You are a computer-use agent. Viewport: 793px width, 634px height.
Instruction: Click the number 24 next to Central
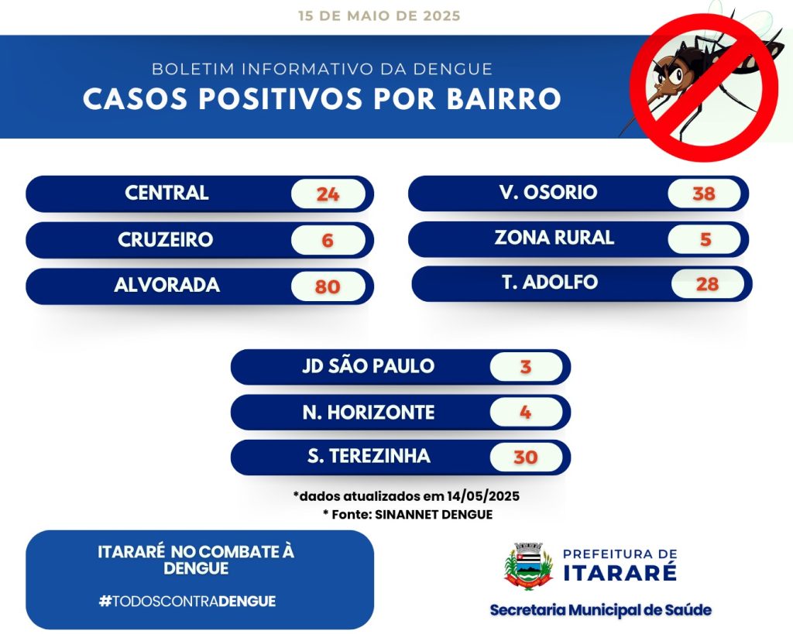point(328,194)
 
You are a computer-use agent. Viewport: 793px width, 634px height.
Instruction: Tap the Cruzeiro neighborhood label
point(166,240)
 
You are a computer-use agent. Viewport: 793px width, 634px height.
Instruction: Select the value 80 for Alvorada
point(328,286)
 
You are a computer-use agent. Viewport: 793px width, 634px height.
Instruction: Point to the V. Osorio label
point(548,192)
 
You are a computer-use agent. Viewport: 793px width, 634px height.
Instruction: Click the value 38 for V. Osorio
point(704,193)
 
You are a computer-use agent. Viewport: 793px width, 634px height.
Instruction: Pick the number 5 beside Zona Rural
point(705,239)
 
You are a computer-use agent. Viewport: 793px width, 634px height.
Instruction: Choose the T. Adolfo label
point(550,282)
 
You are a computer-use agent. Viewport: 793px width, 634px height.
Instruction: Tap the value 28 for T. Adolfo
point(707,284)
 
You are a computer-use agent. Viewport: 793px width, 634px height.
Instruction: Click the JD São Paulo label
point(368,366)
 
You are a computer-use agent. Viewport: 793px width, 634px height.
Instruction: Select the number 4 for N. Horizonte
point(526,413)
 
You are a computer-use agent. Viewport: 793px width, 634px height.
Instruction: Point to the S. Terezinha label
point(369,456)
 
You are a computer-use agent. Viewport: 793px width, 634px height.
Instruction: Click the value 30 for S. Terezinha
point(526,457)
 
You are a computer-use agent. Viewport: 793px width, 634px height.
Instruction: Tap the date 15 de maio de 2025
point(379,15)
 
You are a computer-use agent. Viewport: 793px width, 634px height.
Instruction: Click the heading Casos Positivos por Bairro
point(321,98)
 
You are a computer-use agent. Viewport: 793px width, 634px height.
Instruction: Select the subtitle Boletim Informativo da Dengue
point(322,69)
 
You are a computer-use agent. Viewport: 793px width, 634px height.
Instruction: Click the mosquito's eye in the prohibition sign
point(675,77)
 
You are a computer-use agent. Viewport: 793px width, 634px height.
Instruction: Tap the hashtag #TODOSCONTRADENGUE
point(187,601)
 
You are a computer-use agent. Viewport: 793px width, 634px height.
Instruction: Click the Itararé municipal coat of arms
point(528,566)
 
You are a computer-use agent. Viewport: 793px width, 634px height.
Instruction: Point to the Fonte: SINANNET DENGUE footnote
point(407,515)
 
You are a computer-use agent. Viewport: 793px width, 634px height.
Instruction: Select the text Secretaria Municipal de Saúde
point(601,610)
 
